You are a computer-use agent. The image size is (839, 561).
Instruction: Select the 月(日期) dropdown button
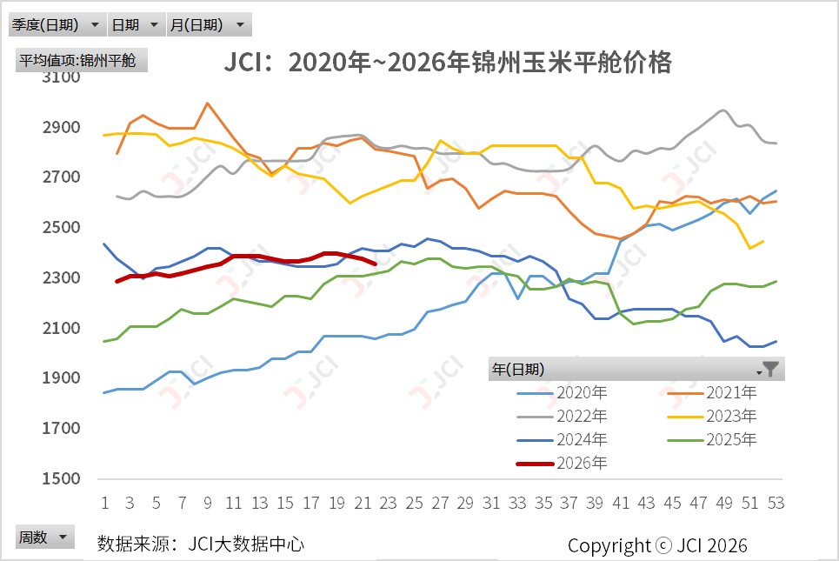[210, 24]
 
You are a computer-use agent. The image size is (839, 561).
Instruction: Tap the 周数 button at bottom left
[44, 537]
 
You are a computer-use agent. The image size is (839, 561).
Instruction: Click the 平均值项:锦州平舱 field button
[82, 60]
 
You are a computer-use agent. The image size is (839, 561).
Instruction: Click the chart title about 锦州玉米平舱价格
[448, 62]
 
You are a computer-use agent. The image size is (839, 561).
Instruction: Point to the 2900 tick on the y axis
[62, 127]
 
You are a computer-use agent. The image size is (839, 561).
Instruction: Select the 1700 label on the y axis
[62, 428]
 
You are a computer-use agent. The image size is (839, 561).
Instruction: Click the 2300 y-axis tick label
[62, 277]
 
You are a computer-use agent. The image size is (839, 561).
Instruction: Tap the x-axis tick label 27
[440, 504]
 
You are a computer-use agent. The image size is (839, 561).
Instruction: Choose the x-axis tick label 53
[776, 504]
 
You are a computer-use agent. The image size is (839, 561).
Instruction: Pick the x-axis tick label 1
[105, 504]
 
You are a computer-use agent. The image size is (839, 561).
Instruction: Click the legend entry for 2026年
[562, 463]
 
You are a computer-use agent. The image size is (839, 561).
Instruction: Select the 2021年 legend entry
[712, 393]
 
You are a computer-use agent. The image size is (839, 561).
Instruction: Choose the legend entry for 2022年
[562, 417]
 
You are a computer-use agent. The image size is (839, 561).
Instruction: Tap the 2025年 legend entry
[712, 440]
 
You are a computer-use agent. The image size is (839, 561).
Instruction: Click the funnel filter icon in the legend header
[769, 370]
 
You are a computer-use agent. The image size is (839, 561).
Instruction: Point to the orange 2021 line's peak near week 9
[208, 104]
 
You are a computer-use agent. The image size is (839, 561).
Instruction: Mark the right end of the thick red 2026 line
[376, 264]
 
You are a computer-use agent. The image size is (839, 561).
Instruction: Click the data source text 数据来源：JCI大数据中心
[201, 544]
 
